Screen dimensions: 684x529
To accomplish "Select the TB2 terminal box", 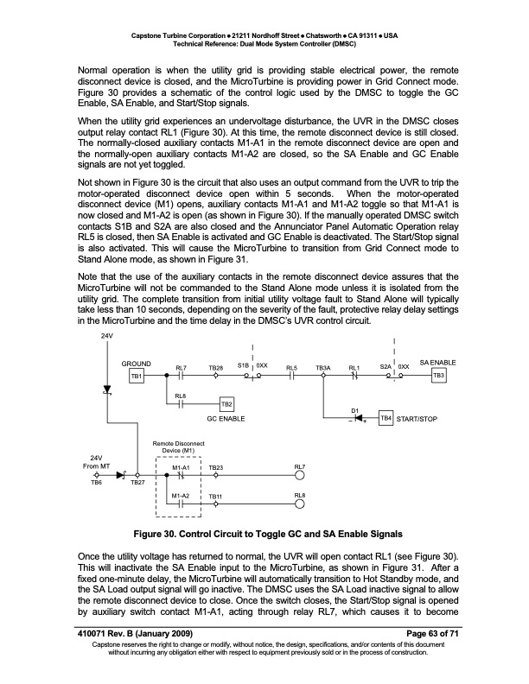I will click(227, 404).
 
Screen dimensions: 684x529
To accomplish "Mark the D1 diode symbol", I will click(354, 418).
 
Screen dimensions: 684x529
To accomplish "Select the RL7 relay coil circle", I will click(300, 475).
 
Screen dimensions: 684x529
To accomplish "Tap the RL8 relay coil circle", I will click(300, 503).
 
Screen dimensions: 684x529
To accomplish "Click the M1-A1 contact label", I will click(181, 466).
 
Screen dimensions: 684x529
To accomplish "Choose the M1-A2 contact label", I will click(181, 495).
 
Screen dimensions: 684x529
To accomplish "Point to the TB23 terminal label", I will click(216, 466).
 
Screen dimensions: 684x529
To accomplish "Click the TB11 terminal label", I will click(215, 495).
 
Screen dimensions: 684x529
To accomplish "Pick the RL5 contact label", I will click(291, 368).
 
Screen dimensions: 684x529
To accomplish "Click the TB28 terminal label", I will click(216, 368).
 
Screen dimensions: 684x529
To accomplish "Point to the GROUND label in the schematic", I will click(137, 364).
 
